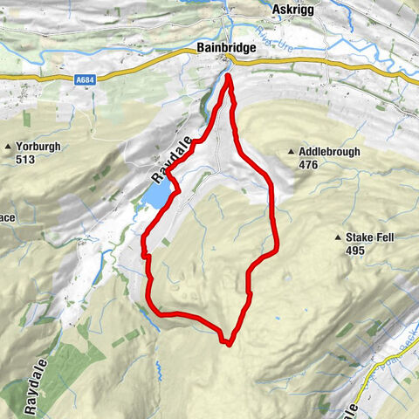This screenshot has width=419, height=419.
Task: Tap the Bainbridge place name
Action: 227,49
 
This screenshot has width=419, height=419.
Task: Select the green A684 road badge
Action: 84,79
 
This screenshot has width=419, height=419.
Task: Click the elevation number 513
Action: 27,160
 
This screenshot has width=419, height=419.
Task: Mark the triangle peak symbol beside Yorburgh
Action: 8,147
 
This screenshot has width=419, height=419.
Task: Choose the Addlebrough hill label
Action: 331,151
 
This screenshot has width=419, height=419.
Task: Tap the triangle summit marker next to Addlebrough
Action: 291,152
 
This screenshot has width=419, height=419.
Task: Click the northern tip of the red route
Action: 229,77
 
